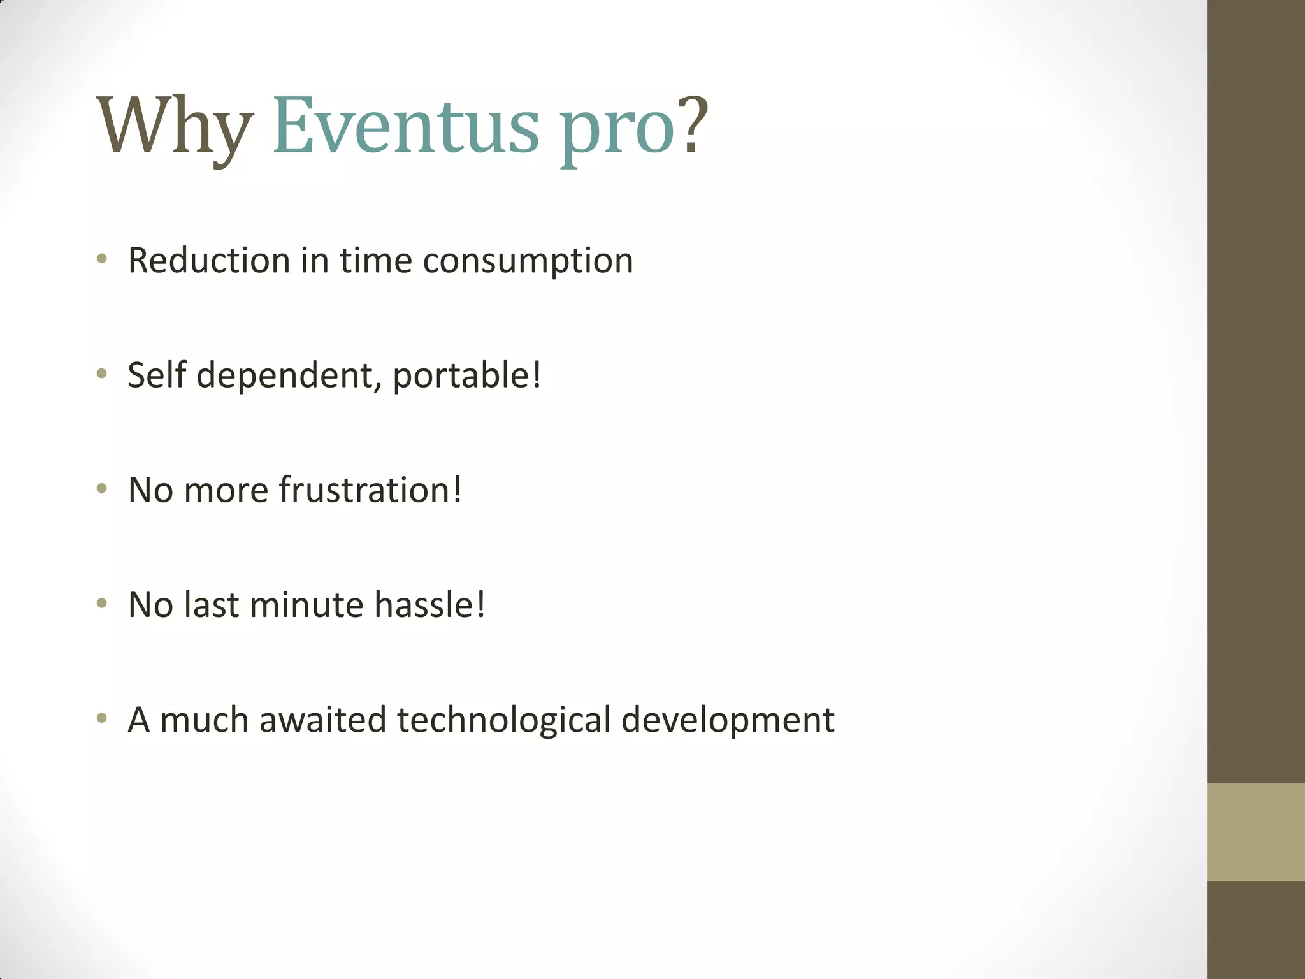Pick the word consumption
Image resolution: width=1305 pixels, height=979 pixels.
click(x=528, y=261)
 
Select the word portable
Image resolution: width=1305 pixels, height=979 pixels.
click(x=460, y=375)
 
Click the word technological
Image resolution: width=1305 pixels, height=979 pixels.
click(x=503, y=720)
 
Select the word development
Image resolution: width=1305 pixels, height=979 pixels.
click(x=728, y=720)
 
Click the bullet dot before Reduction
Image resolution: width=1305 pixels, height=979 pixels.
click(x=101, y=259)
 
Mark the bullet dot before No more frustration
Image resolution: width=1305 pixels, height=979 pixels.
click(x=101, y=489)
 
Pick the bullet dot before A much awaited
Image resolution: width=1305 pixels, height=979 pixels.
click(x=101, y=718)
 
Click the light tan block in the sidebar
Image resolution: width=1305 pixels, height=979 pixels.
click(x=1255, y=832)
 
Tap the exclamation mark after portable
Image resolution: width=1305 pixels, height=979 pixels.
click(x=537, y=374)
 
